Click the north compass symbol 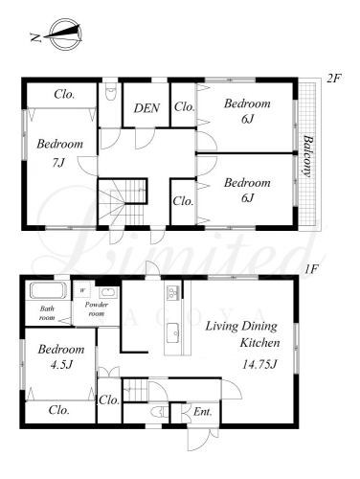(60, 34)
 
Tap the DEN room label (146, 108)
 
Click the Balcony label (307, 156)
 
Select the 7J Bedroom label (59, 153)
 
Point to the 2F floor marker (334, 79)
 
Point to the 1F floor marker (311, 269)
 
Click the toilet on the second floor (110, 92)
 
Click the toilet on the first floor (160, 412)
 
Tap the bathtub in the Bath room (48, 290)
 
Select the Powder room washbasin (109, 292)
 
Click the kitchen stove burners (172, 292)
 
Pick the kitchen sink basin (173, 333)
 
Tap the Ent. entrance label (203, 412)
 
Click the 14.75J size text (259, 364)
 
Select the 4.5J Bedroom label (61, 356)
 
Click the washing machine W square (82, 290)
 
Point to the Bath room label (47, 313)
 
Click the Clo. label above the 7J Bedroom (64, 94)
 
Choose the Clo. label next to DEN (184, 106)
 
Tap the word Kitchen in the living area (259, 343)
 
